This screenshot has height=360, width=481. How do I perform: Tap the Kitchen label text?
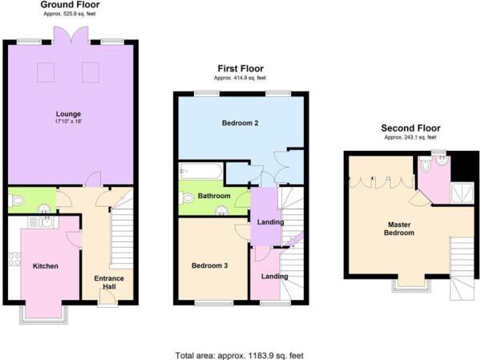46,265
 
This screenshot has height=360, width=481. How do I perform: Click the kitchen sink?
45,222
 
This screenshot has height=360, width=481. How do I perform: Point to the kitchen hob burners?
14,258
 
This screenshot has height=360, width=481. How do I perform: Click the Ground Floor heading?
71,6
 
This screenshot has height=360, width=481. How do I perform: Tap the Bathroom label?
215,196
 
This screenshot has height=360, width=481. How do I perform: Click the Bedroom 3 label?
208,265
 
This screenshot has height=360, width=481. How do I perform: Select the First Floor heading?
240,69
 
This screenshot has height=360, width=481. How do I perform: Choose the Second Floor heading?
410,127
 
